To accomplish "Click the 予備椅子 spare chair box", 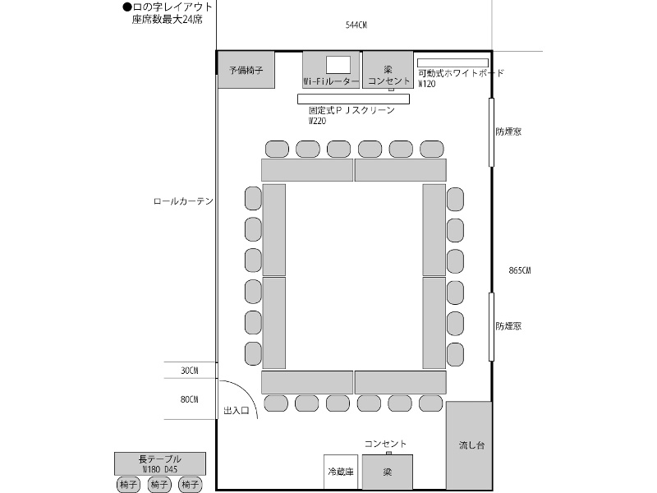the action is coord(246,70).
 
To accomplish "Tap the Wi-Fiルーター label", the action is coord(331,81).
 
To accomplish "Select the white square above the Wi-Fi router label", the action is coord(338,65).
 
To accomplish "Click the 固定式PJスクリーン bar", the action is coord(353,99).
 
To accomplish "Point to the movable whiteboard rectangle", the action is coord(453,63).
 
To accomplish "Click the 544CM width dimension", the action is coord(356,25).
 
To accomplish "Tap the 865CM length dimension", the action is coord(520,270).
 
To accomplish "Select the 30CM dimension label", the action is coord(190,371).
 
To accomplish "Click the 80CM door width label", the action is coord(190,399).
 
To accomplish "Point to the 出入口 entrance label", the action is coord(237,410).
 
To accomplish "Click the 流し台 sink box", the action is coord(469,445).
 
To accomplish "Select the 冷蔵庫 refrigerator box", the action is coord(341,472).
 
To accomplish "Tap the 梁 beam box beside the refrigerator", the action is coord(387,472).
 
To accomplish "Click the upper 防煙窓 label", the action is coord(508,131).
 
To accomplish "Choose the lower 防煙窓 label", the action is coord(508,326).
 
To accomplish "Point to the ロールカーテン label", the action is coord(183,201).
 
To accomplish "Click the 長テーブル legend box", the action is coord(160,463).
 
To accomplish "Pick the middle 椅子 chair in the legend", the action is coord(159,485).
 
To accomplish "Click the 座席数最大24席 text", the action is coord(168,19).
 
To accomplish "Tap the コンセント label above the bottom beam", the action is coord(385,444).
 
